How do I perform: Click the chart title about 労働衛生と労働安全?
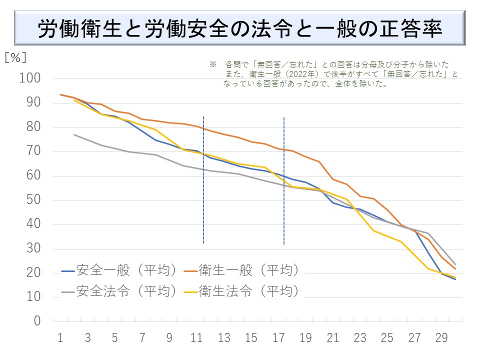coord(240,28)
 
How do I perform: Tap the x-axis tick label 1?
coord(60,338)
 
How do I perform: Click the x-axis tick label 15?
coord(251,338)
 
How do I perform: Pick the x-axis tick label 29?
coord(441,338)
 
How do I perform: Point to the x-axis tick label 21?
coord(332,338)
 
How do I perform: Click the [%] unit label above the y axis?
coord(15,57)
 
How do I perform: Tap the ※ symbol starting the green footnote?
coord(212,65)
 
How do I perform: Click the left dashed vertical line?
coord(203,180)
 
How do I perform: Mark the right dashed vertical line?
coord(284,180)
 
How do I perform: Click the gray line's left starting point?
coord(74,134)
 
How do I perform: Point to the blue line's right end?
coord(455,279)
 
